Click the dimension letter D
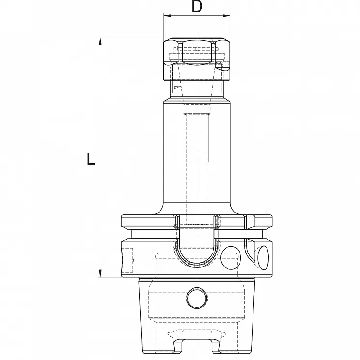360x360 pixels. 197,6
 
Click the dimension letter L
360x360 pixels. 91,159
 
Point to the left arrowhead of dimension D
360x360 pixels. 166,16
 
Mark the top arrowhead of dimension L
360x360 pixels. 101,41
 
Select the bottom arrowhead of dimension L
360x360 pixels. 101,273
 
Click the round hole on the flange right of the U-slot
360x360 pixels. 229,258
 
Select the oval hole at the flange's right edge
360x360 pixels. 263,257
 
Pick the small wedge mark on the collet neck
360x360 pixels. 177,87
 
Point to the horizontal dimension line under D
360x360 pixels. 197,16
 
